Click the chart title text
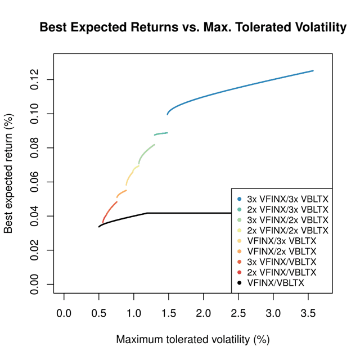click(x=193, y=27)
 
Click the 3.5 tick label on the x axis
click(x=308, y=312)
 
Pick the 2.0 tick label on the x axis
click(x=203, y=312)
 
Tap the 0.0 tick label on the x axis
click(x=64, y=312)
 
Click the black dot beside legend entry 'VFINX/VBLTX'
click(x=240, y=283)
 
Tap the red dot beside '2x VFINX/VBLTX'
click(x=240, y=272)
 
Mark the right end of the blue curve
click(x=313, y=71)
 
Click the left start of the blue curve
click(x=167, y=114)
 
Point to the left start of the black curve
click(x=99, y=227)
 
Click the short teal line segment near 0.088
click(x=161, y=133)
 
